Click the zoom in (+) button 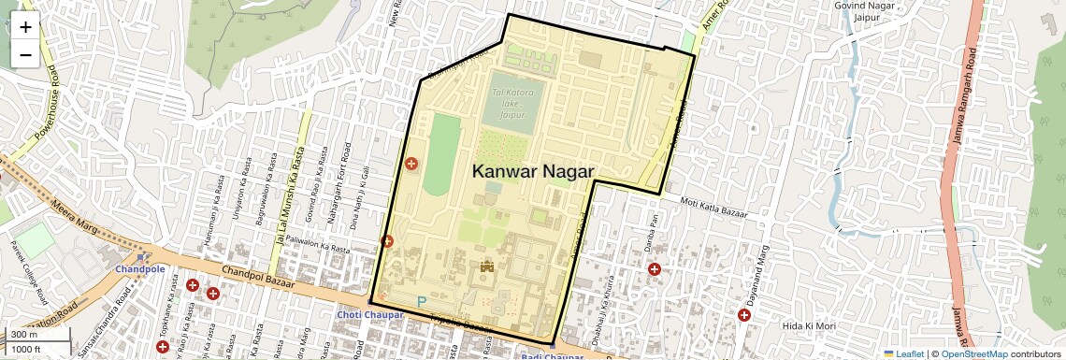pyautogui.click(x=25, y=27)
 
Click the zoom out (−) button pyautogui.click(x=25, y=54)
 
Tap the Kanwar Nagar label pyautogui.click(x=533, y=171)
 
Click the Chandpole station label pyautogui.click(x=139, y=268)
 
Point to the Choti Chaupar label pyautogui.click(x=370, y=315)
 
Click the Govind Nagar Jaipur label pyautogui.click(x=865, y=12)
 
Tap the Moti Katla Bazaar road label pyautogui.click(x=714, y=208)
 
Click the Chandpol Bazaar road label pyautogui.click(x=258, y=276)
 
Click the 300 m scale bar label pyautogui.click(x=25, y=335)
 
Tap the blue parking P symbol pyautogui.click(x=421, y=302)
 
